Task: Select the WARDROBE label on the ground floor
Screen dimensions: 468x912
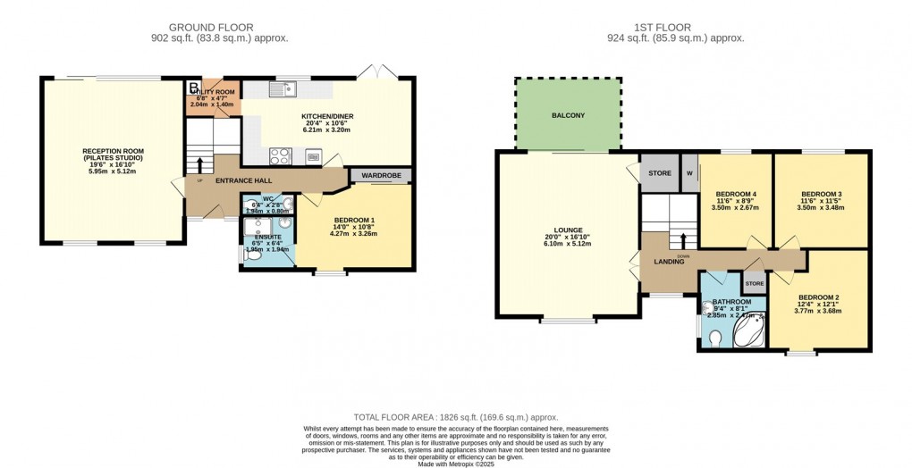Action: click(381, 175)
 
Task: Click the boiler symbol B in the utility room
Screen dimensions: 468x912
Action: click(193, 87)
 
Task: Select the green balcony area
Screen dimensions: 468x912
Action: click(569, 114)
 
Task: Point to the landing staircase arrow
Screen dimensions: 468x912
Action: click(684, 241)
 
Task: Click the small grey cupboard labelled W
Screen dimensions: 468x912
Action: click(689, 173)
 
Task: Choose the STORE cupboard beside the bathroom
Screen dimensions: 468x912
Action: click(755, 284)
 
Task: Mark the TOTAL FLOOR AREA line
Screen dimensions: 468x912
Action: click(455, 417)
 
